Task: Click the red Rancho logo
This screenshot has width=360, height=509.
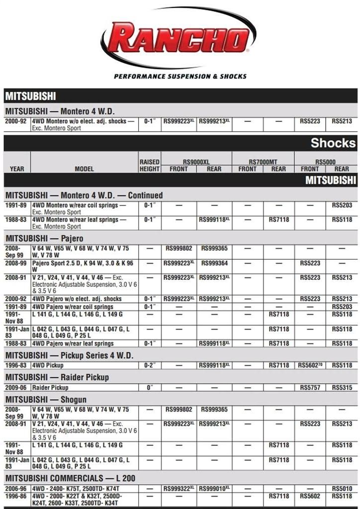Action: coord(179,39)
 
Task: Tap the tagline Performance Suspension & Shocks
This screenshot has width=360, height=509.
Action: coord(180,77)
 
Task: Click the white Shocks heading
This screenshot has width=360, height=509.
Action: coord(333,143)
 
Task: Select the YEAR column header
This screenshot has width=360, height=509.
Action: coord(17,169)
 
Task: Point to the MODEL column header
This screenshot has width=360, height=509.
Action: coord(84,169)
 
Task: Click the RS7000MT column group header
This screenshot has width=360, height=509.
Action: coord(263,162)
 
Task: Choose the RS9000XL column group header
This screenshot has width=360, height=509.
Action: coord(196,162)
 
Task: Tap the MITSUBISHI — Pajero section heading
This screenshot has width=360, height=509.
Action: coord(45,239)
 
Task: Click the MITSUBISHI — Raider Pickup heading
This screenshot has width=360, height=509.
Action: coord(57,377)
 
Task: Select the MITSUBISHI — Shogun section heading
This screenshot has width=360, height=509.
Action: coord(46,400)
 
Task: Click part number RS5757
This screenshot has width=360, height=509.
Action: coord(310,387)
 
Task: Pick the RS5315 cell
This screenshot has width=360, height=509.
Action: coord(342,387)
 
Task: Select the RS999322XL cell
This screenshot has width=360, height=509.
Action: coord(179,489)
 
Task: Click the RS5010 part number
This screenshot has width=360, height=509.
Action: coord(342,489)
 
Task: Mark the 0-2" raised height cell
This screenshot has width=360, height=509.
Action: coord(150,365)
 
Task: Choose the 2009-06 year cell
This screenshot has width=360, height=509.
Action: coord(15,387)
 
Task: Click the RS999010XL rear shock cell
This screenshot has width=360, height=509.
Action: coord(214,489)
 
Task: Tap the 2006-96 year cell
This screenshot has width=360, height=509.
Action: coord(15,489)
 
